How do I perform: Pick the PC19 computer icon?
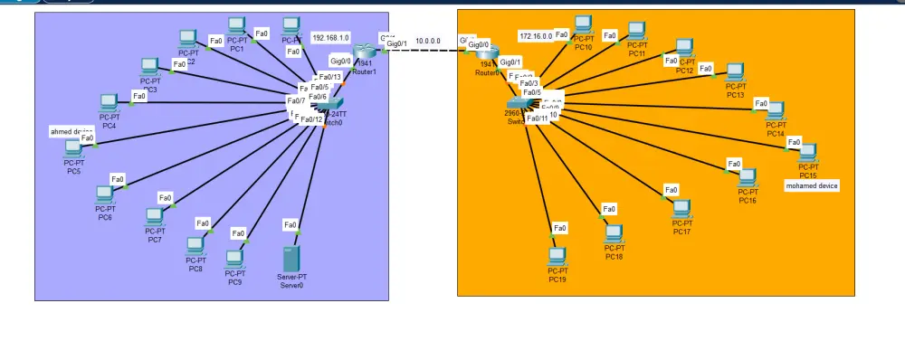[x=557, y=256]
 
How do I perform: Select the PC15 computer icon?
[x=807, y=152]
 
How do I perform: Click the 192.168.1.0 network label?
[x=331, y=39]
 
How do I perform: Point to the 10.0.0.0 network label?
[x=428, y=41]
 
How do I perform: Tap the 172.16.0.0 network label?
[x=535, y=36]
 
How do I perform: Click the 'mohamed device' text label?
[x=811, y=185]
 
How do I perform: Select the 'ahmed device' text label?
[x=71, y=132]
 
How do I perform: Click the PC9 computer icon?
[x=235, y=260]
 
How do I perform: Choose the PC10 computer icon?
[x=583, y=25]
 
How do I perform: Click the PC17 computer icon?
[x=681, y=209]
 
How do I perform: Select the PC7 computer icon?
[x=155, y=217]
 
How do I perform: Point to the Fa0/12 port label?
[x=311, y=119]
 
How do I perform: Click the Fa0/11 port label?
[x=538, y=118]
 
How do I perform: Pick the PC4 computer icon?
[x=110, y=102]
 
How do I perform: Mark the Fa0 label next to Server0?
[x=291, y=224]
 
